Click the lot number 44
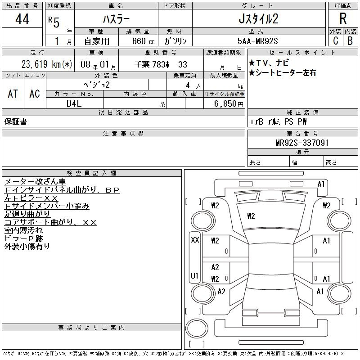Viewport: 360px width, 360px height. [x=22, y=19]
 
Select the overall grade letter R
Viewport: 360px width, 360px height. [x=343, y=18]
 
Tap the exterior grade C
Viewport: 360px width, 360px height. [x=335, y=40]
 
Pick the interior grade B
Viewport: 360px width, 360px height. [x=350, y=40]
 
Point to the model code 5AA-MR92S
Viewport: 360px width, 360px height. [x=257, y=41]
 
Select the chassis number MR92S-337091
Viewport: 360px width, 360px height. [x=302, y=143]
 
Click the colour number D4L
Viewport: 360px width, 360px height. [x=74, y=103]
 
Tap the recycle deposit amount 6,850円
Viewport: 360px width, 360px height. [x=229, y=104]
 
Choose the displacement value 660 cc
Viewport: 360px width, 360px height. [x=143, y=41]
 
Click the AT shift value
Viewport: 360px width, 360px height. [x=13, y=94]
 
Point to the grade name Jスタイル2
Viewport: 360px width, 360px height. [x=258, y=19]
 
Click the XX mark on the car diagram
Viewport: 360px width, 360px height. [x=195, y=240]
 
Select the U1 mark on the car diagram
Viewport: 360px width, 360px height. [x=194, y=275]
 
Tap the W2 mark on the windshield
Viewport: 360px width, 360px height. [x=251, y=216]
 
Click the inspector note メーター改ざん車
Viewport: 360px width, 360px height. [x=35, y=182]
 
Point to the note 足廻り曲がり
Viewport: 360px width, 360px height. [x=27, y=214]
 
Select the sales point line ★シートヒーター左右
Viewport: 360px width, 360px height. [x=282, y=73]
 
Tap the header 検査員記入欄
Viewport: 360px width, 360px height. [x=92, y=173]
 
